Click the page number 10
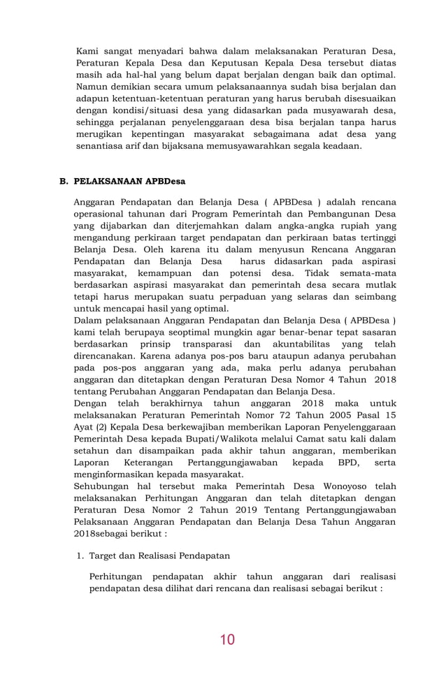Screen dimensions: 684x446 226,639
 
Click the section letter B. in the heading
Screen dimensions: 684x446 64,181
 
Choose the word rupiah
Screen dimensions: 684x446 349,226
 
